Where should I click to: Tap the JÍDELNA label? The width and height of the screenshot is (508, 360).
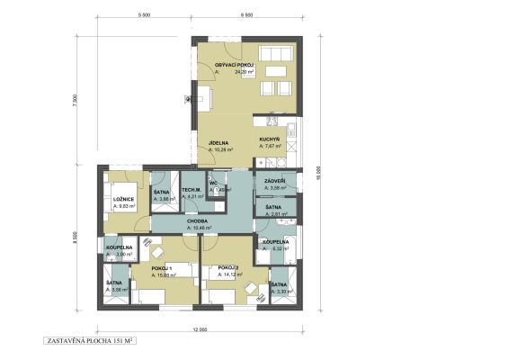(x=220, y=142)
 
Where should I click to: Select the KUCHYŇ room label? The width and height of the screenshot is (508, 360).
(x=272, y=140)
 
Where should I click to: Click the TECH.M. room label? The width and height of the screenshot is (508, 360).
(x=191, y=189)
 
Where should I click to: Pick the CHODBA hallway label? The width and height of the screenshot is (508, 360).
(x=198, y=220)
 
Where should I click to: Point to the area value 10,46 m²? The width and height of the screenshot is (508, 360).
(x=201, y=229)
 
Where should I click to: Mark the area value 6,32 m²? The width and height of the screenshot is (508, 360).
(x=281, y=249)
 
